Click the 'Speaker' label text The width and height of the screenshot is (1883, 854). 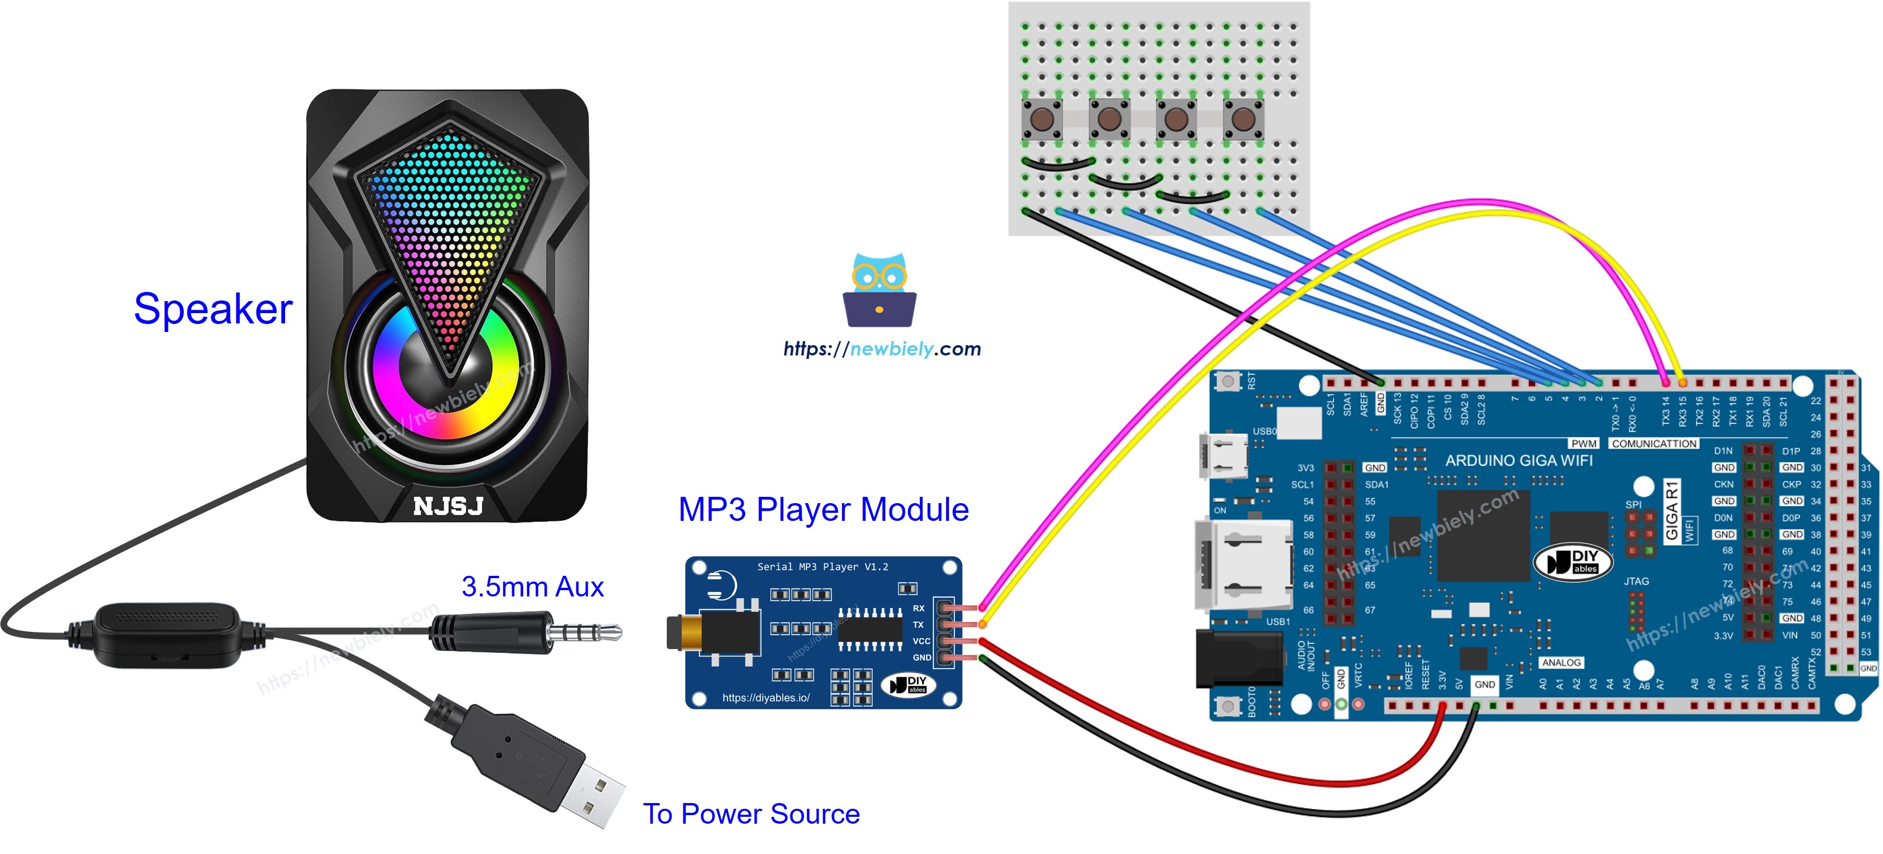click(213, 309)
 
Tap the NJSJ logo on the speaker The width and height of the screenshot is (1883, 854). click(448, 506)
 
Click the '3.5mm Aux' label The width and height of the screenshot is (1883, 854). click(532, 586)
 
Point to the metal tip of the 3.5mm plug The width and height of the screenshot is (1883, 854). click(592, 632)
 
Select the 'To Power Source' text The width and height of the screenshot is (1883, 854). click(751, 814)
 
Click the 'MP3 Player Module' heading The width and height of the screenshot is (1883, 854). click(823, 509)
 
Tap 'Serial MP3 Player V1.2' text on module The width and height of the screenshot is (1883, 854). click(822, 567)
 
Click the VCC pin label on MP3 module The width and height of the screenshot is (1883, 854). click(921, 641)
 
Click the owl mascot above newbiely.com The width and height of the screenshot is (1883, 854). click(879, 290)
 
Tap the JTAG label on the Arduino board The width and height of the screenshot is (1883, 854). click(1636, 582)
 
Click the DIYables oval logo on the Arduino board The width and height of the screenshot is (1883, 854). click(1572, 562)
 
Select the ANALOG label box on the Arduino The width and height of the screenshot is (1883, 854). click(1561, 662)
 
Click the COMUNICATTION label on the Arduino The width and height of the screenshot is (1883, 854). click(1653, 444)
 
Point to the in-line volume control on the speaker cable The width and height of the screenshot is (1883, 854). click(167, 634)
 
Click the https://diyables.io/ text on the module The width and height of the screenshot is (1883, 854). click(765, 698)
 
